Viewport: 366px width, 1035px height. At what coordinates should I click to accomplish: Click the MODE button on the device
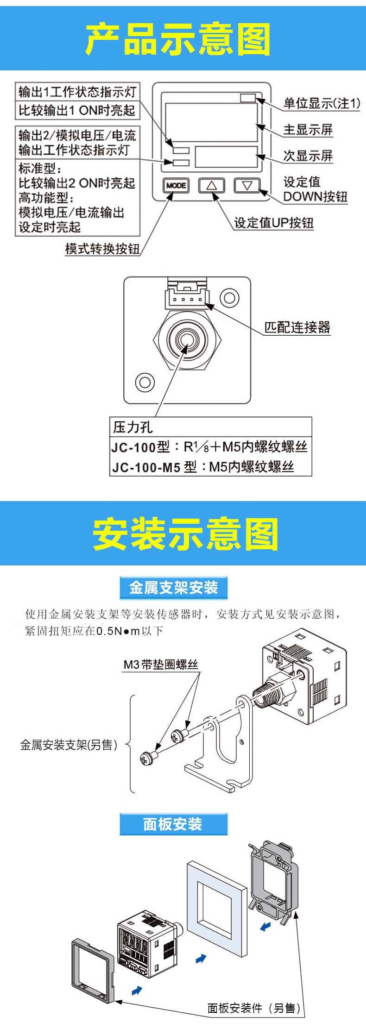176,185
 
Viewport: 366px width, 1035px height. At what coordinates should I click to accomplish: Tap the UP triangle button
212,185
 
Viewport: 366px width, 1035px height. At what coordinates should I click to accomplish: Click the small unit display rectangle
248,98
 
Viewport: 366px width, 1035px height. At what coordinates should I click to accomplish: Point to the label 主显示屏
308,130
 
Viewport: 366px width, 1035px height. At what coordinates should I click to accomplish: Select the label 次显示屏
308,156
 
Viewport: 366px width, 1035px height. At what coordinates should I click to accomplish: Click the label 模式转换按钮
102,249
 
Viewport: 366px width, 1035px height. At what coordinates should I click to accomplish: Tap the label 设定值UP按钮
274,223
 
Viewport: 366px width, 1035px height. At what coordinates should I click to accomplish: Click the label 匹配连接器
297,327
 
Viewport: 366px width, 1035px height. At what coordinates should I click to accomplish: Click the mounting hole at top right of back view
229,297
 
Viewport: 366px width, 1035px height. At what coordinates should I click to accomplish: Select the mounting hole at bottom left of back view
145,382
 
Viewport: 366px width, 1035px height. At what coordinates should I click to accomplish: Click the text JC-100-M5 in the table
146,467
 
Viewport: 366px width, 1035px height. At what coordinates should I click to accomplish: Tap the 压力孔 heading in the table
133,427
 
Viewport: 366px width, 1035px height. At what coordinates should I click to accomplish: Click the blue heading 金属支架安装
174,588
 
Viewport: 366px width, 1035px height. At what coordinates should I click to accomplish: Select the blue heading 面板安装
173,824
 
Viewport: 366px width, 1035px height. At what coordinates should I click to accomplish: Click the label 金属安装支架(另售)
69,745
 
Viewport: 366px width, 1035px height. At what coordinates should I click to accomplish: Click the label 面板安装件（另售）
254,1008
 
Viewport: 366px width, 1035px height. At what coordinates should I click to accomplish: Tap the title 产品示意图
178,39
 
